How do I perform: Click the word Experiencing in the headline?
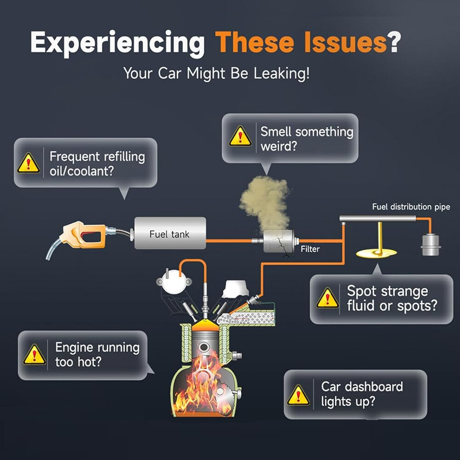pyautogui.click(x=117, y=43)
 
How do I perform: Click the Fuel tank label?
pyautogui.click(x=169, y=234)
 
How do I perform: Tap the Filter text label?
pyautogui.click(x=310, y=249)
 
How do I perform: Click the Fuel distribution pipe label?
pyautogui.click(x=411, y=207)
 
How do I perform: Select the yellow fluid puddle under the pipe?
pyautogui.click(x=376, y=253)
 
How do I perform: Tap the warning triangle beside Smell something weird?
pyautogui.click(x=240, y=137)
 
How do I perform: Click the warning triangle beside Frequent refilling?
pyautogui.click(x=29, y=163)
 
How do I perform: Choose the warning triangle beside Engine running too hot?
pyautogui.click(x=34, y=355)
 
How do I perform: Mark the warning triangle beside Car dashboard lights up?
pyautogui.click(x=298, y=395)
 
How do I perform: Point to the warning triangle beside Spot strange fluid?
pyautogui.click(x=328, y=298)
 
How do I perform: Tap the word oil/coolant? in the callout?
pyautogui.click(x=81, y=171)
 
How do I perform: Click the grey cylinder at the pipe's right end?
pyautogui.click(x=431, y=245)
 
